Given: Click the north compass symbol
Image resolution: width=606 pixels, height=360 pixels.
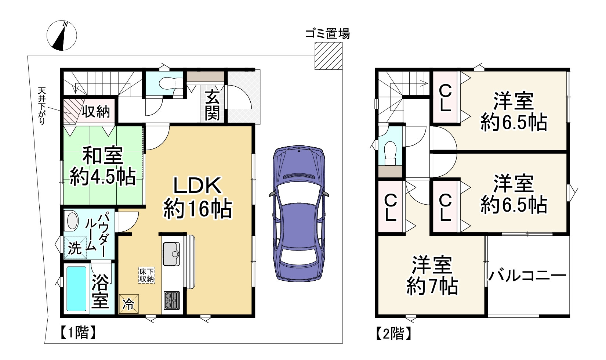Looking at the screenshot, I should pos(62,36).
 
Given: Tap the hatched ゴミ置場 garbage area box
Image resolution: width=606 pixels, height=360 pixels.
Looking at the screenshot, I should pos(329,56).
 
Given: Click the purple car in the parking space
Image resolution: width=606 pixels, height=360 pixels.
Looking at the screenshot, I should pos(299,213).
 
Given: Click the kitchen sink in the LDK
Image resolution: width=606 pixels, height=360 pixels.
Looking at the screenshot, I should pos(171,254).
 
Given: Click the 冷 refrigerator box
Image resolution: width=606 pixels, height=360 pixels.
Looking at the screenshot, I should pos(129,304).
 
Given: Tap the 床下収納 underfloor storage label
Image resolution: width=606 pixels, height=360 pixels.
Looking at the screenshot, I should pos(146,275).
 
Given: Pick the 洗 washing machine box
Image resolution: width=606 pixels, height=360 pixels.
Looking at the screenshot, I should pos(75,248).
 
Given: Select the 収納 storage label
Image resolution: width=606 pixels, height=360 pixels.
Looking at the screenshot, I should pos(96,111).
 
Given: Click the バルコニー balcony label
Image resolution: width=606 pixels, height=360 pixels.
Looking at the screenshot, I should pos(527,275).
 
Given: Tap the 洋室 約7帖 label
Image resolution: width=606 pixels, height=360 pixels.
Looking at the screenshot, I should pos(432,276).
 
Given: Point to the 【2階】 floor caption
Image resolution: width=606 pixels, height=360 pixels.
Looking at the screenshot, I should pos(393,334).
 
